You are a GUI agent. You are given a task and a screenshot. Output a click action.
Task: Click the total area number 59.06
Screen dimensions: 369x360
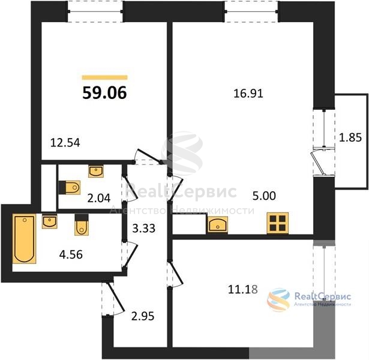[x=105, y=93]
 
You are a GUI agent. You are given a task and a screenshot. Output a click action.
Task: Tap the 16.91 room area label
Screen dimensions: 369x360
[x=248, y=94]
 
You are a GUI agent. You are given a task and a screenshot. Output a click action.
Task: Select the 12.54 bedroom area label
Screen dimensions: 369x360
[x=65, y=143]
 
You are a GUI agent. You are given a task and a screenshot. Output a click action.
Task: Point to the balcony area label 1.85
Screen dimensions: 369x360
[x=350, y=137]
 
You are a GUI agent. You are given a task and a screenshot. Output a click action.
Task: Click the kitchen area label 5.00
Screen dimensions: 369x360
[x=264, y=196]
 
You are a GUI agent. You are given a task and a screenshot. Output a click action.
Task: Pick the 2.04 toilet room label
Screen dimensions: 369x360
[x=99, y=199]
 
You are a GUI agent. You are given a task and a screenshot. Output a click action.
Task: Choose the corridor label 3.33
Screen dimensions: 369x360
[x=143, y=228]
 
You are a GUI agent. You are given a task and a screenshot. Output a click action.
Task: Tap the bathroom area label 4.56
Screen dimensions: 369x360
[x=71, y=254]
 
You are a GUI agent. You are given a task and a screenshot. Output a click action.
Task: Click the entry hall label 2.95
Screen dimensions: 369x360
[x=143, y=316]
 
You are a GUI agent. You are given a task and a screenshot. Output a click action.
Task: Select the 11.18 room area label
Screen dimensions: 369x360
[x=243, y=289]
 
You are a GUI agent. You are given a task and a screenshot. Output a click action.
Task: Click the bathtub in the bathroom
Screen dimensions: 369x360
[x=24, y=239]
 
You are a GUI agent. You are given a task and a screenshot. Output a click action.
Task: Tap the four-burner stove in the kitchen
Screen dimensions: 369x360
[x=278, y=223]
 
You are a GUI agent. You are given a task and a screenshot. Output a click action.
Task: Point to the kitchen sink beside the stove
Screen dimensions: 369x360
[x=218, y=225]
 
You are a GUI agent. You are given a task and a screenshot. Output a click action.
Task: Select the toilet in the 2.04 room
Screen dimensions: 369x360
[x=70, y=188]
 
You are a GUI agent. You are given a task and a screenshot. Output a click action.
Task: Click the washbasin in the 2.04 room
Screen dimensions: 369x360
[x=96, y=171]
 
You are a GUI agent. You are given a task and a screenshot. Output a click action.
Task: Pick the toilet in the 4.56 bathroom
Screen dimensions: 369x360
[x=82, y=225]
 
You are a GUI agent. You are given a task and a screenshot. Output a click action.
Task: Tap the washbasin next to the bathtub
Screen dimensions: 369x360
[x=49, y=221]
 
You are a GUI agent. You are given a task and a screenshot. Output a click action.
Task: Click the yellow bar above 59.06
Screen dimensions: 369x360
[x=105, y=77]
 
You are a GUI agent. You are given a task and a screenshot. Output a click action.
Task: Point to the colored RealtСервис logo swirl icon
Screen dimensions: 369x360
[x=278, y=300]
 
